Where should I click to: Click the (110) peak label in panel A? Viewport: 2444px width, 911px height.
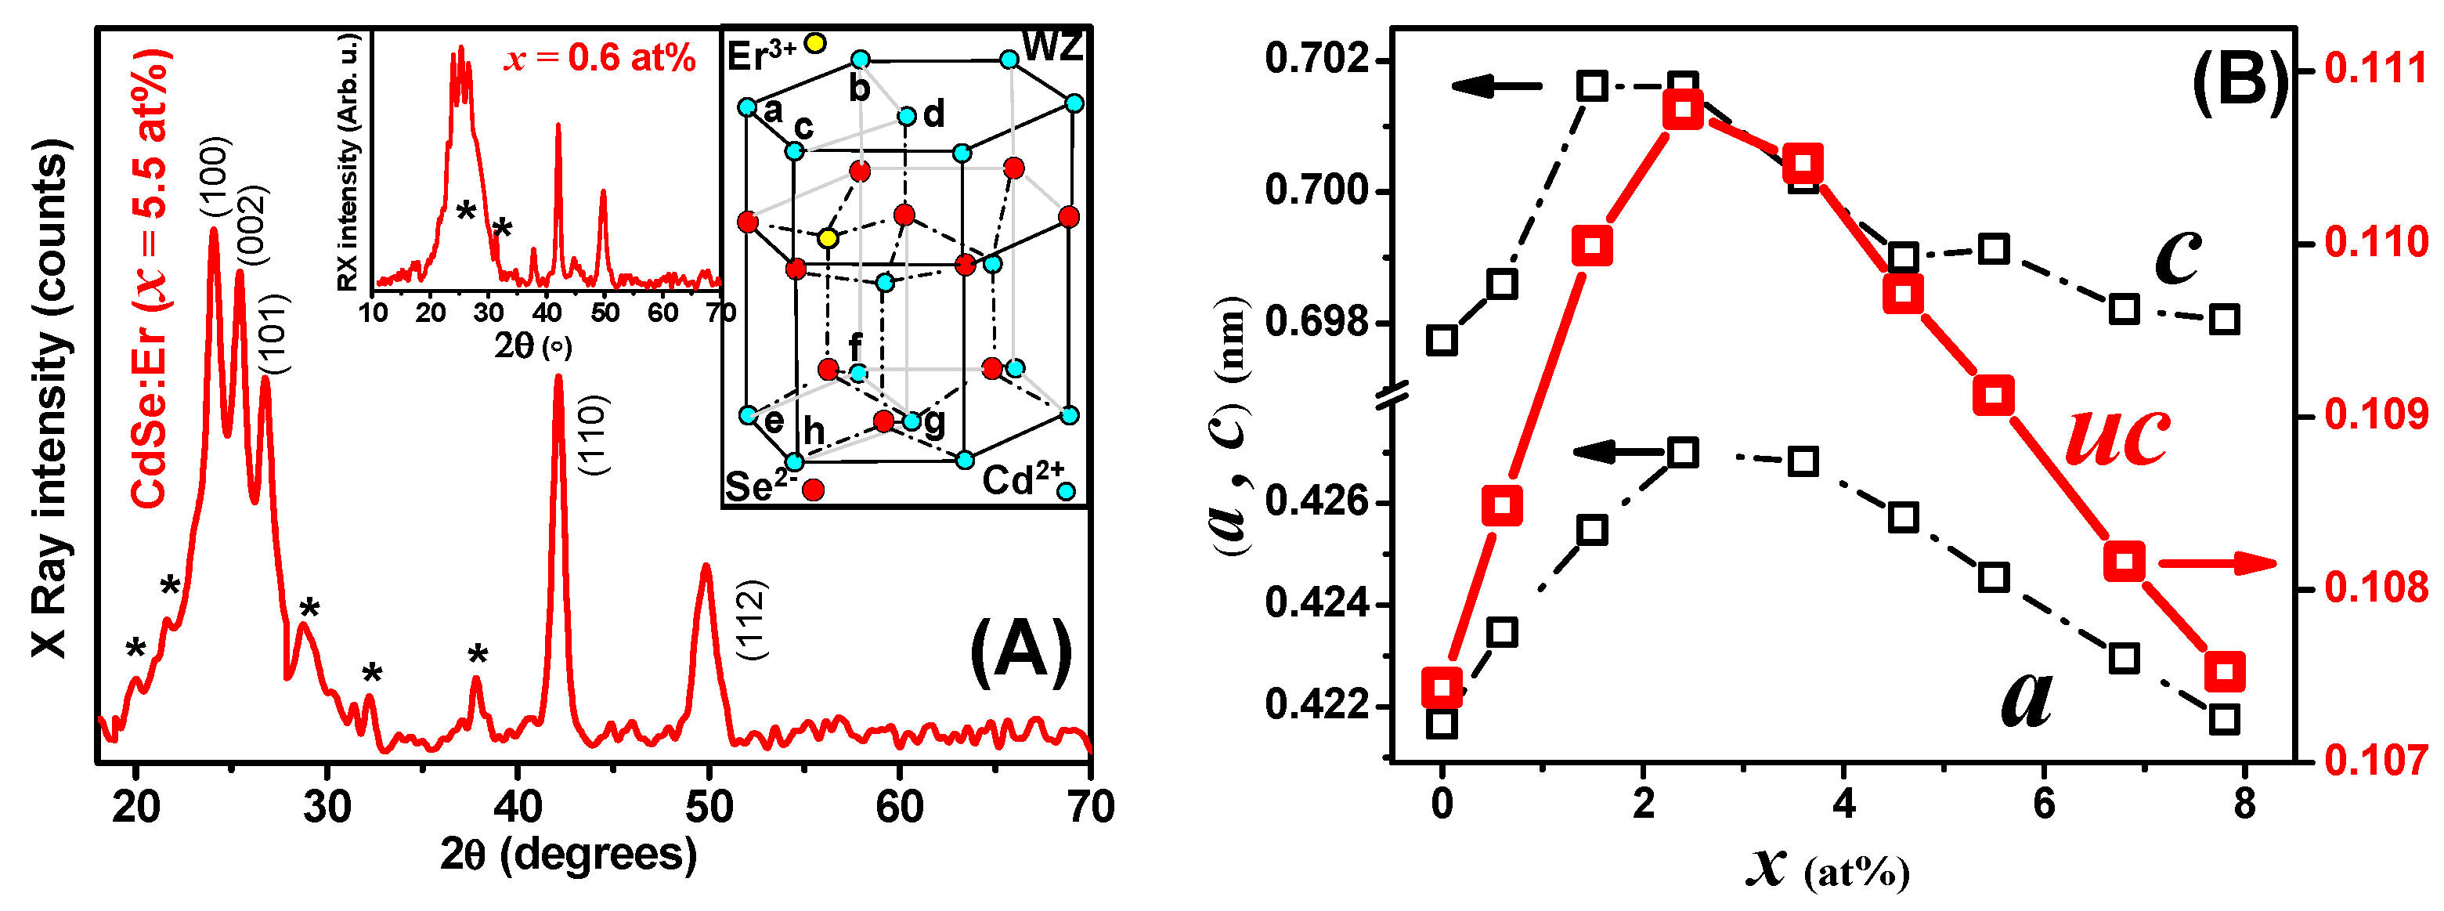tap(595, 436)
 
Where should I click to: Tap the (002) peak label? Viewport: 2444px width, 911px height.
tap(252, 225)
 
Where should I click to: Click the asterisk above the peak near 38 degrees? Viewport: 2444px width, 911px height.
tap(477, 656)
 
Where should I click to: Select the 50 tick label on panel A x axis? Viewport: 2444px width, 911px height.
tap(709, 808)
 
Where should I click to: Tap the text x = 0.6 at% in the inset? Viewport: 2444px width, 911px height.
tap(601, 59)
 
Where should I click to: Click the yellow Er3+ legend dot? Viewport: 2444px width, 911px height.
tap(815, 43)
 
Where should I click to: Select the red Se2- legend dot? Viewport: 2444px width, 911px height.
tap(813, 490)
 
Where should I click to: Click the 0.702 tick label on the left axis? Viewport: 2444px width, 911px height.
tap(1317, 59)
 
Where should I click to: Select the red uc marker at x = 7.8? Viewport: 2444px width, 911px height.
tap(2225, 672)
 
